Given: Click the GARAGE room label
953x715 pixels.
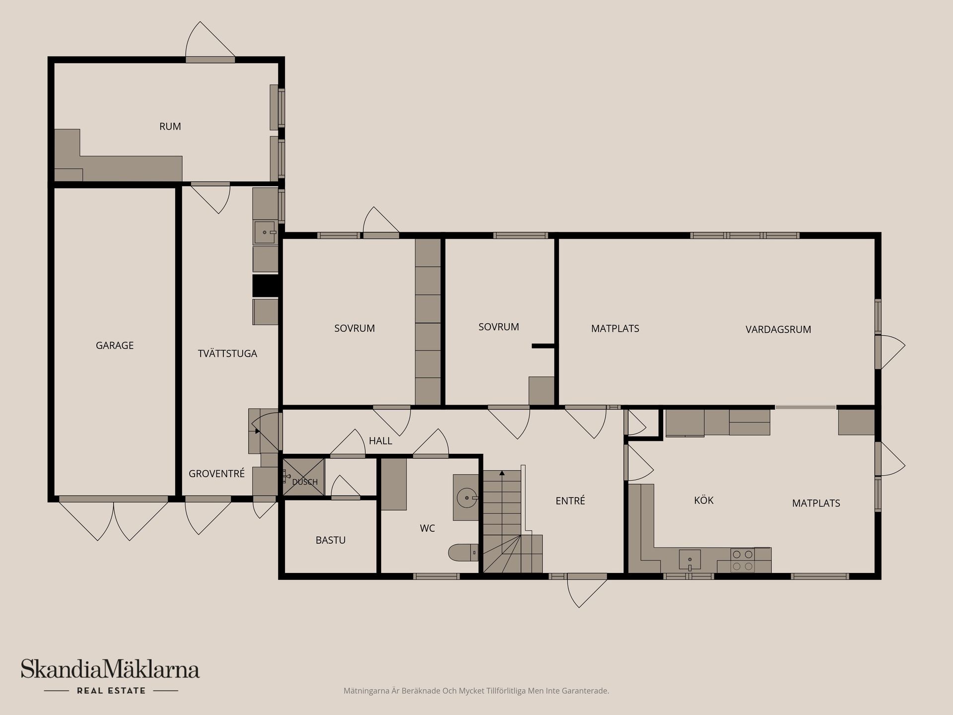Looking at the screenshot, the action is pos(115,345).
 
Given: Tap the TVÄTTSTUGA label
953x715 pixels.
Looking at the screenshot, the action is pos(227,354).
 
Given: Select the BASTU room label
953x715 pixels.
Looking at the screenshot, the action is pos(331,540).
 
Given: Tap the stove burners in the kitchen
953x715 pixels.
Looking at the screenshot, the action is pos(743,560).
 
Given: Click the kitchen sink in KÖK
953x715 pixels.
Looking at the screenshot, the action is pos(690,560).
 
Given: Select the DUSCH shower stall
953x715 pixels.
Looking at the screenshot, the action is pos(303,477).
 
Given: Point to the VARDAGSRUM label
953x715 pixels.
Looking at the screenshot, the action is pos(778,329).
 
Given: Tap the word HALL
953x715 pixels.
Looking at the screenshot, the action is pos(380,440).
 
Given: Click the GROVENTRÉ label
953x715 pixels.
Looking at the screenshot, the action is pos(216,474).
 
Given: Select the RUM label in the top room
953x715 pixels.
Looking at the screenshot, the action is pos(170,126).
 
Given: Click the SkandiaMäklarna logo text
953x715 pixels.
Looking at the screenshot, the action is pos(110,669).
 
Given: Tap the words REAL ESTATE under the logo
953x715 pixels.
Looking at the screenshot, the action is pos(111,691).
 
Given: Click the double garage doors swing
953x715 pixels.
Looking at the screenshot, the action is pos(114,519).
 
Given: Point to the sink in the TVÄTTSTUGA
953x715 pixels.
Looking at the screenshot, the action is pos(265,232).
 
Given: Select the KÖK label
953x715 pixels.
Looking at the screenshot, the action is pos(704,500).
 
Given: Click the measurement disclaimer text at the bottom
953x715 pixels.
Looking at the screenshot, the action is pos(476,691).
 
